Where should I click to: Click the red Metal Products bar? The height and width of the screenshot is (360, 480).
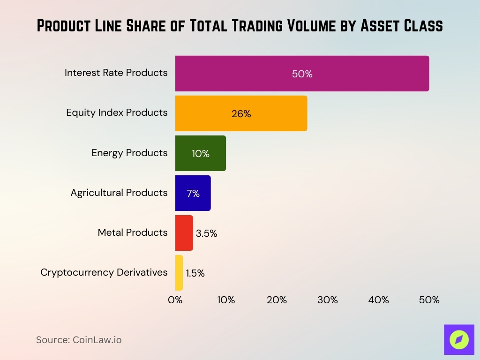(184, 233)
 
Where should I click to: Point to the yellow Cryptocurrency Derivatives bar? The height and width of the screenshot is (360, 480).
(179, 273)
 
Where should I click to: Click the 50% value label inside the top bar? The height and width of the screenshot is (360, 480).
(302, 74)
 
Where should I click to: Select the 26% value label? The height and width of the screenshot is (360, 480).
(241, 114)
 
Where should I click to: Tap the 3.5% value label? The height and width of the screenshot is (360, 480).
(206, 233)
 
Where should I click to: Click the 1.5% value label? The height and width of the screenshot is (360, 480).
(195, 273)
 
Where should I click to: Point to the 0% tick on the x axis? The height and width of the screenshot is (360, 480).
(175, 300)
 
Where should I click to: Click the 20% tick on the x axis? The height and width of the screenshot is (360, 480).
(277, 300)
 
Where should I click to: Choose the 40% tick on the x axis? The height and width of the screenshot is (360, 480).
(378, 300)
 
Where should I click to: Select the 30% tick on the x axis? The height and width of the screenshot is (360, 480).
(327, 300)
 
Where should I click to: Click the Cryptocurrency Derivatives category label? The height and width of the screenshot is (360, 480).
(104, 272)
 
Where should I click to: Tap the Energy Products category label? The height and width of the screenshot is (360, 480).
(129, 153)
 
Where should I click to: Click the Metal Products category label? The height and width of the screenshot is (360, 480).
(132, 232)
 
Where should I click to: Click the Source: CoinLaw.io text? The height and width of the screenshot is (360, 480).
(79, 340)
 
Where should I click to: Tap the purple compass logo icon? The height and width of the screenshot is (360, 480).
(459, 339)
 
